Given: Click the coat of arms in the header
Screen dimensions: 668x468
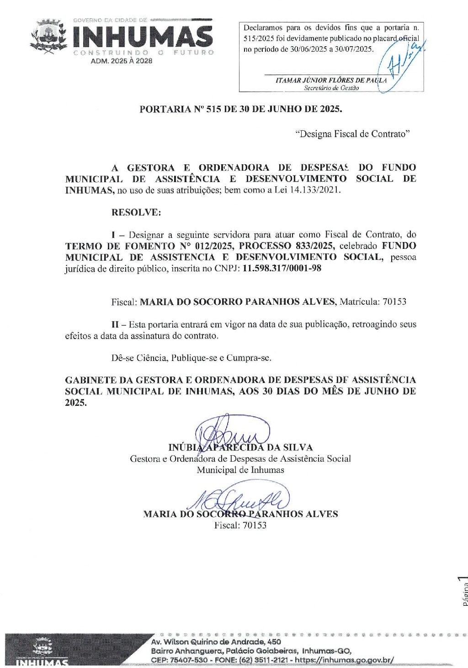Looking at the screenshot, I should [x=48, y=36].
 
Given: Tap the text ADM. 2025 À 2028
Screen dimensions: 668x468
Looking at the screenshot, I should [x=121, y=61].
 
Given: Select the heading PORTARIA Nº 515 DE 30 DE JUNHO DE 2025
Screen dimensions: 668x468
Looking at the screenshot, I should [x=240, y=109].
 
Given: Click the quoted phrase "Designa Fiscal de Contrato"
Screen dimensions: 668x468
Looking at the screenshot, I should [x=352, y=134].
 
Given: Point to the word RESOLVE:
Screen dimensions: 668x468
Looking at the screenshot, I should [x=136, y=212].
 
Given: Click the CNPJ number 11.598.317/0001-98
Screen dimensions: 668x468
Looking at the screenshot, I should [x=282, y=268].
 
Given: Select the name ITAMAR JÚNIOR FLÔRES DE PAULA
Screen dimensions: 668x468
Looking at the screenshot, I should [x=331, y=81].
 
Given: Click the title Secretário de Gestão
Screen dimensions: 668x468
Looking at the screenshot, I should [x=331, y=88].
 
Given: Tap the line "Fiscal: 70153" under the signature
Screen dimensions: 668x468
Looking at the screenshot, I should [x=240, y=525].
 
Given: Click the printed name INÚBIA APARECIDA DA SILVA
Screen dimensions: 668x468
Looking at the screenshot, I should [x=240, y=447].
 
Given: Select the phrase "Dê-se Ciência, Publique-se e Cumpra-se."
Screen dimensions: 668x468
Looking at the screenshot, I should [x=191, y=358].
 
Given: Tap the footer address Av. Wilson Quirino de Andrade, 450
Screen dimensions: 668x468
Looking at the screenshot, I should [x=216, y=642].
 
